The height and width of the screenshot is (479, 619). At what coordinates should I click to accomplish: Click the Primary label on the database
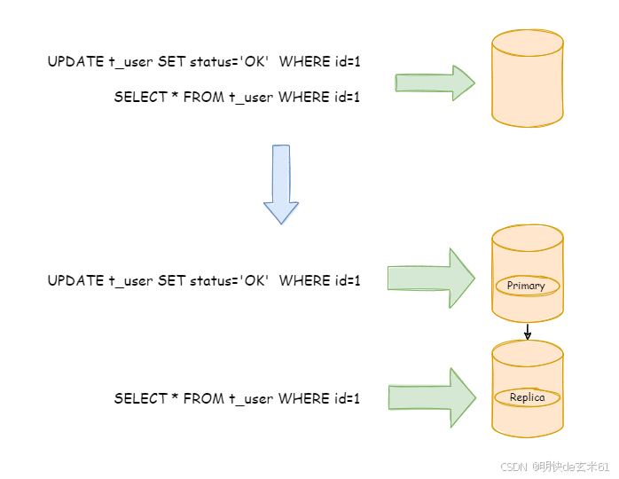[x=527, y=286]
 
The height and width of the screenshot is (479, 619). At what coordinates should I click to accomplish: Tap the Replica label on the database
[x=527, y=398]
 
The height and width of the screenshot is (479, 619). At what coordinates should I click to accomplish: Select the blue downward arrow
[x=281, y=184]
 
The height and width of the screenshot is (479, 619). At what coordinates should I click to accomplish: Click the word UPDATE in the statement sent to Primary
[x=75, y=281]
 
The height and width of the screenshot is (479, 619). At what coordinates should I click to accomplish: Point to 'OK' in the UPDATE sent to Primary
[x=255, y=281]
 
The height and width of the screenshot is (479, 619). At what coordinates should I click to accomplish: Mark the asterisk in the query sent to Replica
[x=175, y=399]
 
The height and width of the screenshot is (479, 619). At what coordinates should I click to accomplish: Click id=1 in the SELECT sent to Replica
[x=345, y=399]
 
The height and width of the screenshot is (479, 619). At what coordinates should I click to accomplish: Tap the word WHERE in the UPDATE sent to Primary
[x=304, y=281]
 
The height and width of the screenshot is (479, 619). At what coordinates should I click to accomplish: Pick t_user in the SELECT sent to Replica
[x=251, y=399]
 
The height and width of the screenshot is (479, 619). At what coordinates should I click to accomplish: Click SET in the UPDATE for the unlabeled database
[x=171, y=61]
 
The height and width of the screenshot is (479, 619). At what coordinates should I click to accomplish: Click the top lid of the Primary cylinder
[x=528, y=237]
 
